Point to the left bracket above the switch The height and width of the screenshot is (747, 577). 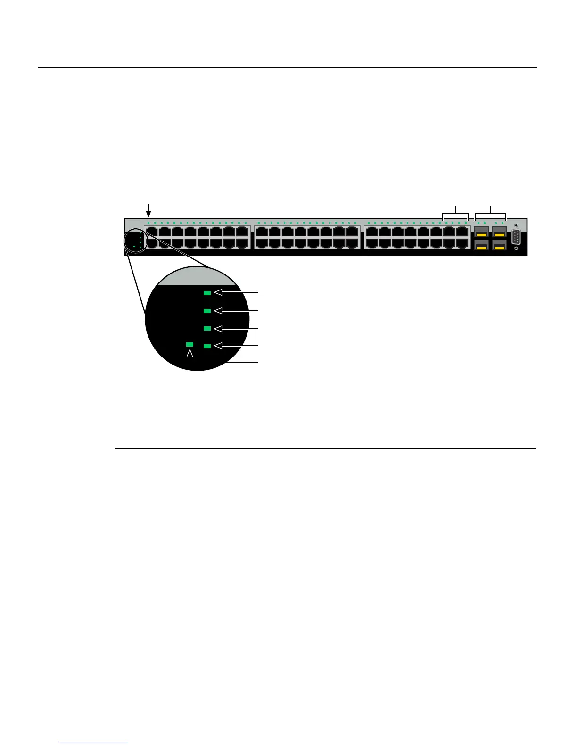pyautogui.click(x=455, y=214)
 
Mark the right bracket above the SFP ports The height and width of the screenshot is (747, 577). pyautogui.click(x=491, y=214)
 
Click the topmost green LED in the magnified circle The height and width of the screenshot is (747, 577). pyautogui.click(x=207, y=293)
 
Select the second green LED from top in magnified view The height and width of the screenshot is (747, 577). pyautogui.click(x=207, y=311)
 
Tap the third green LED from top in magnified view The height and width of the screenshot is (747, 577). pyautogui.click(x=207, y=328)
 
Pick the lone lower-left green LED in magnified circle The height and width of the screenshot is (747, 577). pyautogui.click(x=190, y=345)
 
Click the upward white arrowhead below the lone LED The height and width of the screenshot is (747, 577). pyautogui.click(x=190, y=353)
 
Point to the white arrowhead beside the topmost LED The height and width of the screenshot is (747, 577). pyautogui.click(x=218, y=293)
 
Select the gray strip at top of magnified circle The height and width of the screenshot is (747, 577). pyautogui.click(x=198, y=278)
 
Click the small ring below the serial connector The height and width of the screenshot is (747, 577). pyautogui.click(x=516, y=249)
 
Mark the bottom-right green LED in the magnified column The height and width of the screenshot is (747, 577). pyautogui.click(x=207, y=346)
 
